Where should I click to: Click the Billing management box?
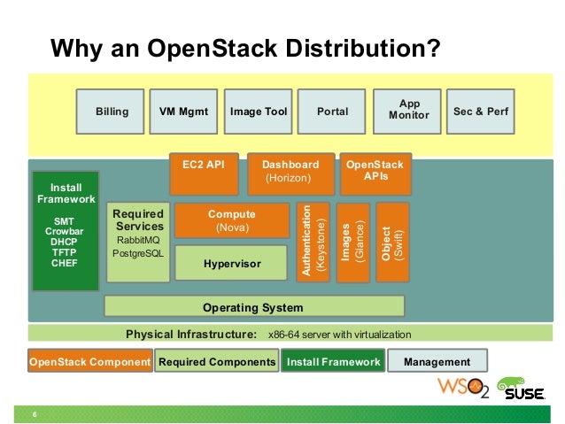(x=112, y=112)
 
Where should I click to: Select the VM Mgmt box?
(x=183, y=112)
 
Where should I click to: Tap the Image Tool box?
(x=259, y=112)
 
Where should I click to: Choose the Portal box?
(x=332, y=112)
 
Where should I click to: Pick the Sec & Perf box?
(x=481, y=112)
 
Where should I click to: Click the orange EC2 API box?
(x=204, y=173)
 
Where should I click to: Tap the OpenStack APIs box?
(x=373, y=173)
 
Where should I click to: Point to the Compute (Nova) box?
(x=231, y=220)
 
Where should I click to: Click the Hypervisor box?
(x=231, y=263)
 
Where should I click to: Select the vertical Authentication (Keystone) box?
(x=314, y=243)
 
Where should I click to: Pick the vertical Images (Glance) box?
(x=353, y=243)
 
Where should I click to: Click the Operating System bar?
(x=253, y=307)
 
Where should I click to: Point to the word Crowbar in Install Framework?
(x=66, y=231)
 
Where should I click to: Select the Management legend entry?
(x=437, y=362)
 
